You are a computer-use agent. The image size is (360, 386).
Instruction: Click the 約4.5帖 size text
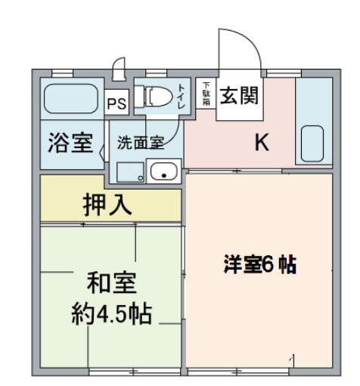[111, 311]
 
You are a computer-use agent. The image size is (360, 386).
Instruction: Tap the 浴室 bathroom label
[70, 144]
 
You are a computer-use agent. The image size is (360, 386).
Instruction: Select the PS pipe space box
[116, 103]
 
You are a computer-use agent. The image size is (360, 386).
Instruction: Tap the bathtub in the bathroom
[69, 98]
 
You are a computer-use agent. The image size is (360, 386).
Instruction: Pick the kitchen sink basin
[313, 141]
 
